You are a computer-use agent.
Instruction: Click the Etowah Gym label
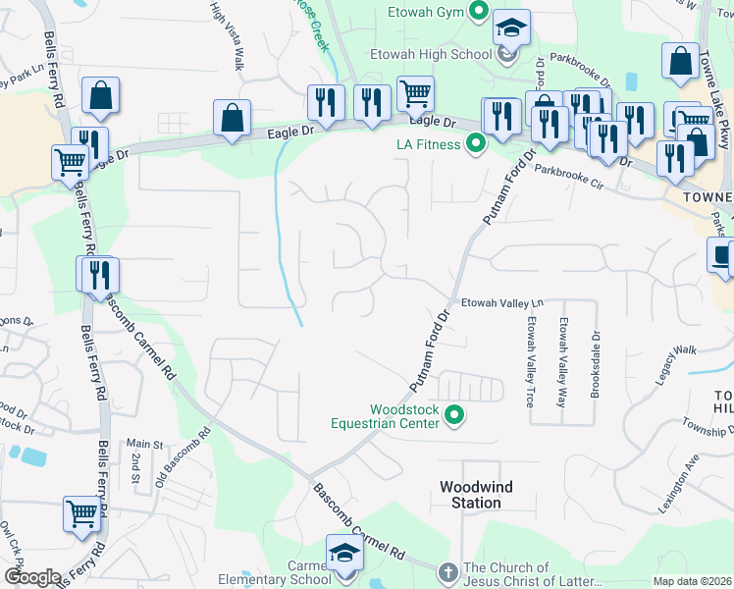[423, 13]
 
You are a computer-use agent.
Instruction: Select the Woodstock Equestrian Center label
[403, 417]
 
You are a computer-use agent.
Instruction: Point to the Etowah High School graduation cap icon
[510, 27]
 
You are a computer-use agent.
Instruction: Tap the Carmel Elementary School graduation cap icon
[344, 553]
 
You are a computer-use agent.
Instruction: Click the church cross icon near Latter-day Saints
[446, 570]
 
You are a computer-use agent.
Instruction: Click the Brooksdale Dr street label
[595, 361]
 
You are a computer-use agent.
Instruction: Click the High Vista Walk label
[227, 34]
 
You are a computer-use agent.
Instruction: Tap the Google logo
[32, 577]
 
